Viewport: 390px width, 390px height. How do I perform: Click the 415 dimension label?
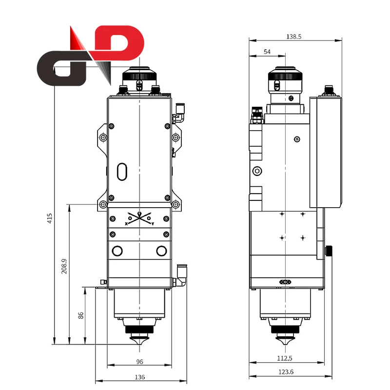(50, 218)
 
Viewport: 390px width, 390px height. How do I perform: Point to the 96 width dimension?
(139, 362)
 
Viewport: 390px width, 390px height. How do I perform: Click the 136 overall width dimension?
(139, 377)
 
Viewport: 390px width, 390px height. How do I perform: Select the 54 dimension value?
(267, 52)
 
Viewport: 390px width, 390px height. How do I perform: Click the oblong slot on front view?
(122, 172)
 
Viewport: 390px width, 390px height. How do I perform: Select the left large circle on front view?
(117, 251)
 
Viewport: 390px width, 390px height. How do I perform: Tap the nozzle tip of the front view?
(139, 342)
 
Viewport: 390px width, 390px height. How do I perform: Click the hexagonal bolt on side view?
(257, 171)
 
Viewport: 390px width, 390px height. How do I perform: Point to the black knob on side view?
(331, 251)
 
